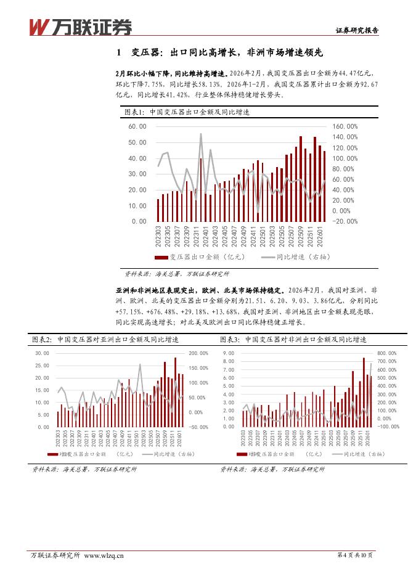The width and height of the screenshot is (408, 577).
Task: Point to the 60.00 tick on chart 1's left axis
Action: pos(137,126)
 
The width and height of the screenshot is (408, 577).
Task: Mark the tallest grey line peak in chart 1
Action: pos(201,134)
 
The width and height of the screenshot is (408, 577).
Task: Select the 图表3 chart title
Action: pos(293,340)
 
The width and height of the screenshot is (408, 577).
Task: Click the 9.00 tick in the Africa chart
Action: pos(229,353)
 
